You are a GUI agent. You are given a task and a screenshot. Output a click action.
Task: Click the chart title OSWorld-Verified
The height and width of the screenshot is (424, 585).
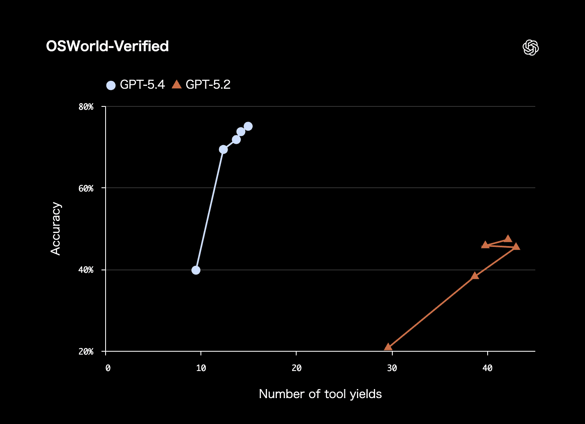pos(107,46)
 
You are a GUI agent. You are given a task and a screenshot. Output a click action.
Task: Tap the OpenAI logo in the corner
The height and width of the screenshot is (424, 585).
pos(530,48)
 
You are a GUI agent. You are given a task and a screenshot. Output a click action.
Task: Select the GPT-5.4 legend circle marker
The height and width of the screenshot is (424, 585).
pos(111,85)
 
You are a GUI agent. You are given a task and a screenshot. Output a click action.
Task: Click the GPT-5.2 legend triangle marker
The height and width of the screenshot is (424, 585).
pos(177,85)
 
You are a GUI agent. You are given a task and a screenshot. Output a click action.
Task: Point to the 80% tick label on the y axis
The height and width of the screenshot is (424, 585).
pos(86,107)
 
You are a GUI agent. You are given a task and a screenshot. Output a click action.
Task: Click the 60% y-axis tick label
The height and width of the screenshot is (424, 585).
pos(86,188)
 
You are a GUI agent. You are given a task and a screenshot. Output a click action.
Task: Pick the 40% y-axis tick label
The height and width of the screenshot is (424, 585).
pos(86,270)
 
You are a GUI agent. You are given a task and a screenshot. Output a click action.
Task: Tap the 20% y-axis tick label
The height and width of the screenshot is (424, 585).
pos(86,352)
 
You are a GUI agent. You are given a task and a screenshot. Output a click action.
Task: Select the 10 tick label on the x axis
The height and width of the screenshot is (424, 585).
pos(201,369)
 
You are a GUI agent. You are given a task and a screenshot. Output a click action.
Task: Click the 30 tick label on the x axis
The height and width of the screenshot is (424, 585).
pos(392,369)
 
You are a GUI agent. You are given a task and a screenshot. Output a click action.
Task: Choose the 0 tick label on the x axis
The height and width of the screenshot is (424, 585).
pos(108,369)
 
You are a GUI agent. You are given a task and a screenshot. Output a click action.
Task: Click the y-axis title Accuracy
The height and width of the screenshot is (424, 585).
pos(55,228)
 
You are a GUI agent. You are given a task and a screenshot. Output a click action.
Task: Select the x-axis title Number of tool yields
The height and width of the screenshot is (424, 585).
pos(320,394)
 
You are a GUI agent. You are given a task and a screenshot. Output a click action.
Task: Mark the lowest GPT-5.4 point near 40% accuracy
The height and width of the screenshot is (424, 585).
pos(196,270)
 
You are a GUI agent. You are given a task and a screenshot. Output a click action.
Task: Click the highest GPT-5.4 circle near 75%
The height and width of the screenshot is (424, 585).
pos(248,126)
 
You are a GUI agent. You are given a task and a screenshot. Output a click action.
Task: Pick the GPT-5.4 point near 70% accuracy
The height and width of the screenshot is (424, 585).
pos(223,149)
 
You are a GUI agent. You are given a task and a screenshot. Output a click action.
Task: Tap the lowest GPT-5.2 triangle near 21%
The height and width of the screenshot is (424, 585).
pos(388,347)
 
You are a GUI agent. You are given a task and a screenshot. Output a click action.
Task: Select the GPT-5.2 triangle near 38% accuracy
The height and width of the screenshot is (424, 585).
pos(475,276)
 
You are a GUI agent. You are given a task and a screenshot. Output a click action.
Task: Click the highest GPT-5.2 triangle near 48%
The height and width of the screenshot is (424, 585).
pos(508,239)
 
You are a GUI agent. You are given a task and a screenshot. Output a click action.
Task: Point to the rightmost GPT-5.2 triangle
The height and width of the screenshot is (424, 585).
pos(516,247)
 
